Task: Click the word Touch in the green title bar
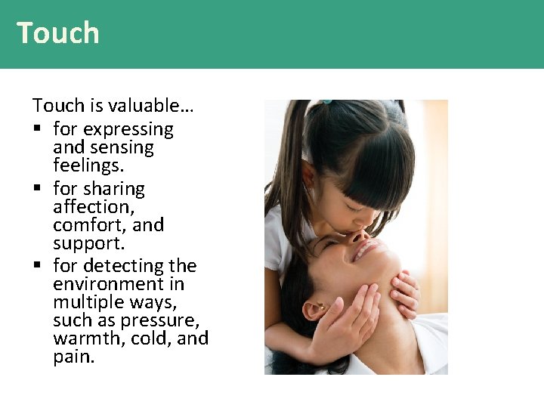click(58, 33)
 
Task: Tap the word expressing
click(128, 130)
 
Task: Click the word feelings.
click(88, 165)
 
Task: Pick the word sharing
click(113, 189)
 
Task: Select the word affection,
click(94, 207)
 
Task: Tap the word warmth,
click(88, 338)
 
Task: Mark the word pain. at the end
click(74, 357)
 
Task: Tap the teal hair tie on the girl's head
click(326, 101)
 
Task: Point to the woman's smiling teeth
click(364, 249)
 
